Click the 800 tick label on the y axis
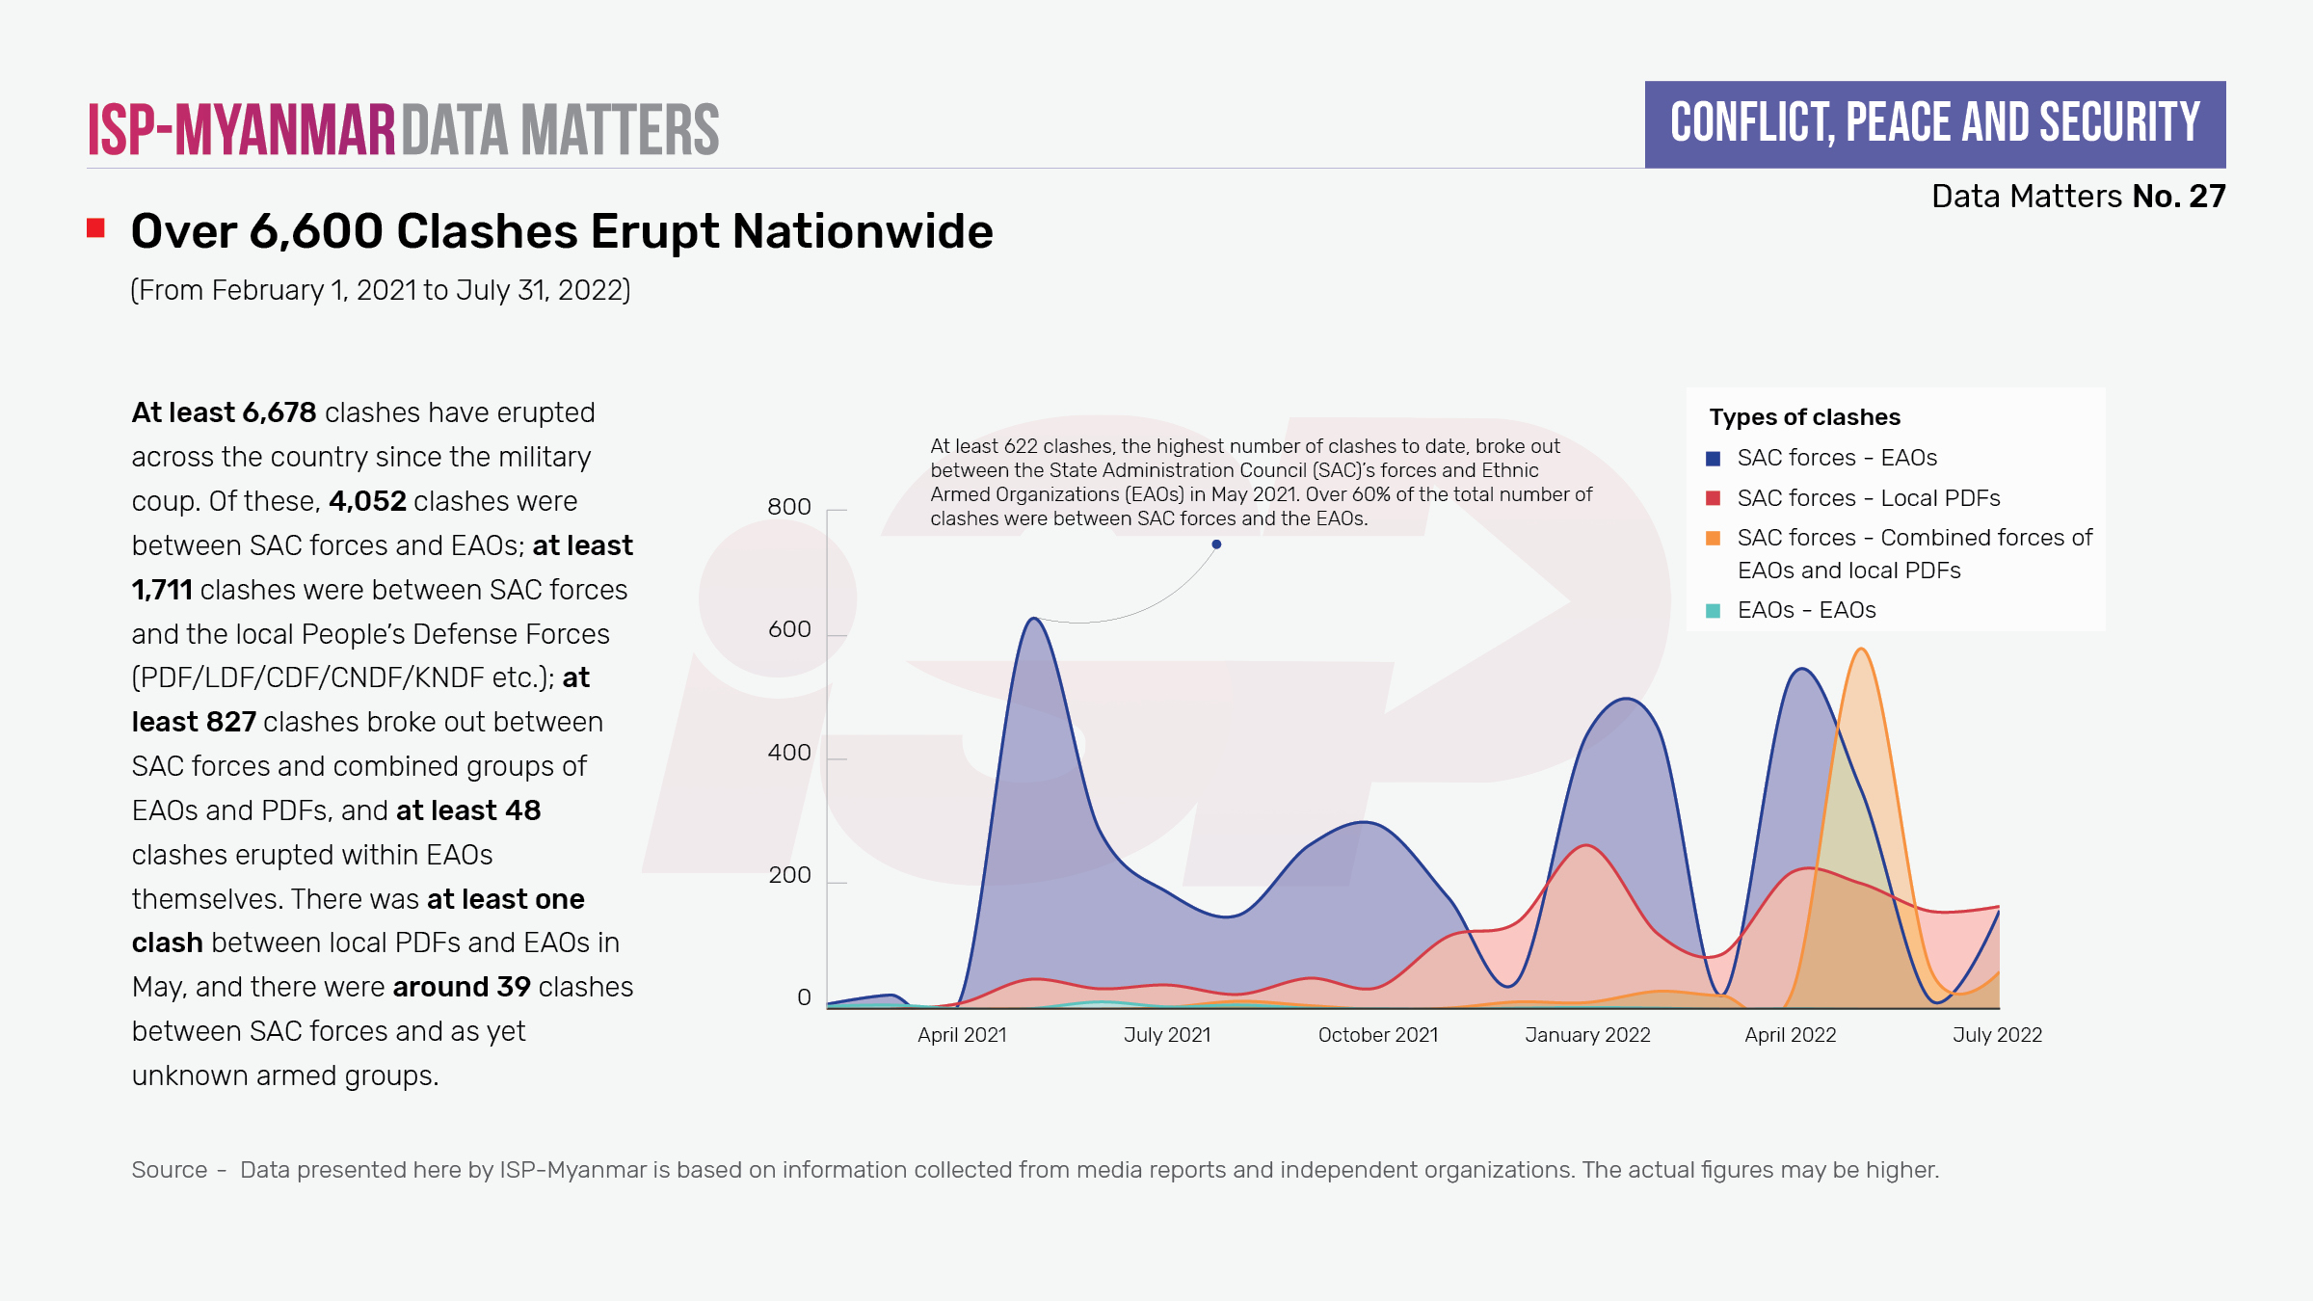(788, 507)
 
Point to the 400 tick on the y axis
(788, 753)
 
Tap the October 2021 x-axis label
(1377, 1035)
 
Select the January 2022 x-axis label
(1587, 1035)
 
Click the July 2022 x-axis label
(1997, 1035)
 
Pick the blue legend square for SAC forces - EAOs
(1713, 459)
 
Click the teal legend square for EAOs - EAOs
(1713, 611)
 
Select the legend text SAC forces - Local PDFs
(1868, 498)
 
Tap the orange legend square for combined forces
(1713, 539)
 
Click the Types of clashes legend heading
(1804, 417)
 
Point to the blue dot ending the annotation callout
(1216, 544)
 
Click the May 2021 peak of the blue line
(1033, 619)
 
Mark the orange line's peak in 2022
(1861, 650)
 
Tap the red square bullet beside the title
(95, 228)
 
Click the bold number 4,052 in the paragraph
(367, 501)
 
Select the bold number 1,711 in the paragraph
(162, 590)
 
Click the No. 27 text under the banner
(2178, 197)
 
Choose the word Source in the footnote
(170, 1170)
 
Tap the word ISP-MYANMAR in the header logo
(242, 130)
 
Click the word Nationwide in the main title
(863, 232)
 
